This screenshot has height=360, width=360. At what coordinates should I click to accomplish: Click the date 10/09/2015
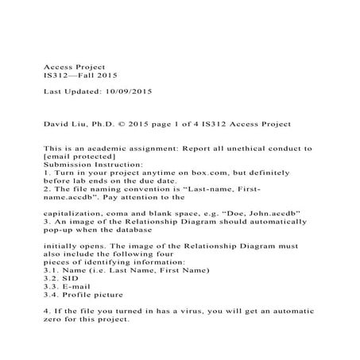click(126, 92)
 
